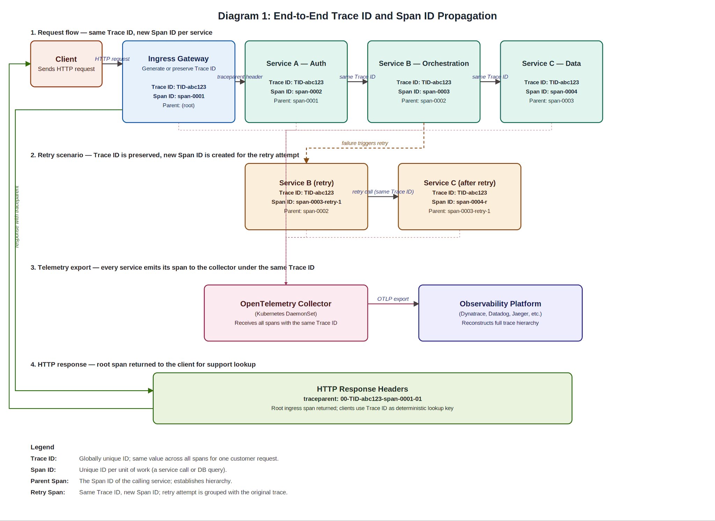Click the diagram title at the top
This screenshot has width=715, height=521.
tap(357, 16)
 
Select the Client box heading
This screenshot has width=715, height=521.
tap(66, 59)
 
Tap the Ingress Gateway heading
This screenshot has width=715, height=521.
tap(178, 59)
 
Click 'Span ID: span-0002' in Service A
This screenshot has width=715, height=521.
tap(296, 91)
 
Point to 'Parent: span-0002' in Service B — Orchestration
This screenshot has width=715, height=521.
tap(423, 101)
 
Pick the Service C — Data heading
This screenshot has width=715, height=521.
tap(551, 63)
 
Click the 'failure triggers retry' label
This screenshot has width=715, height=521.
tap(364, 143)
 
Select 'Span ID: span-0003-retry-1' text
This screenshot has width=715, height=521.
tap(306, 202)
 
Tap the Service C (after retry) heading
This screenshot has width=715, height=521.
tap(459, 183)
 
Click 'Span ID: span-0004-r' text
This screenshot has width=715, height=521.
tap(459, 202)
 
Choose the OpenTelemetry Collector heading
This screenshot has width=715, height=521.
tap(286, 304)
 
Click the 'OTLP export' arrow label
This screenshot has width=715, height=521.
tap(393, 299)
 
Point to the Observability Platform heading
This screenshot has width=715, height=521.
tap(500, 304)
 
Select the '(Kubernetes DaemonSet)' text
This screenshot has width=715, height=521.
tap(286, 314)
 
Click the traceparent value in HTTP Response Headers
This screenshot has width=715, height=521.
tap(362, 399)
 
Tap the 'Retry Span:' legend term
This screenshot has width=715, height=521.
tap(48, 492)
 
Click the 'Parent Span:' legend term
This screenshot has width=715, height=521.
tap(50, 481)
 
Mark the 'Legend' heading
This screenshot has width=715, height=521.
tap(42, 447)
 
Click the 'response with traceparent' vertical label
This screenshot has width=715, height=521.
tap(17, 217)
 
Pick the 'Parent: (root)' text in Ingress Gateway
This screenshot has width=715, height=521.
tap(178, 105)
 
